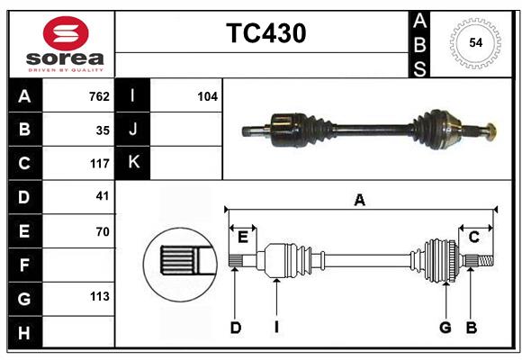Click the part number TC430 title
(x=265, y=33)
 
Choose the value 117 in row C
(x=99, y=164)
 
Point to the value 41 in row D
(x=103, y=195)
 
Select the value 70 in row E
(x=103, y=231)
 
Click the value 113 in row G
(x=99, y=296)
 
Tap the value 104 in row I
(x=207, y=96)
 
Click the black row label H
(x=24, y=333)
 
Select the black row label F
(x=24, y=265)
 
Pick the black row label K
(x=133, y=163)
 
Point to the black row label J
(x=133, y=130)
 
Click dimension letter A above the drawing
(x=360, y=201)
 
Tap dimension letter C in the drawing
(x=473, y=237)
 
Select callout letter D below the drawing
(x=235, y=328)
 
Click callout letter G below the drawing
(x=445, y=328)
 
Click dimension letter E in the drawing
(x=242, y=237)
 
